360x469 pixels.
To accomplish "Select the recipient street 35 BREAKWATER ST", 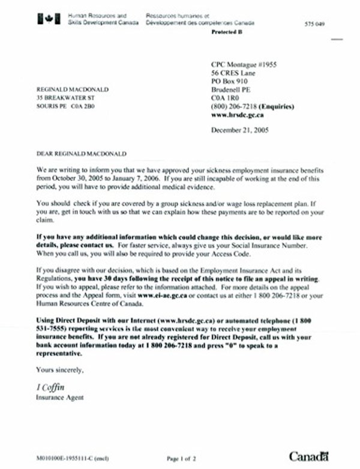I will (65, 97).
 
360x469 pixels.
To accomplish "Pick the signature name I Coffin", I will (52, 386).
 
